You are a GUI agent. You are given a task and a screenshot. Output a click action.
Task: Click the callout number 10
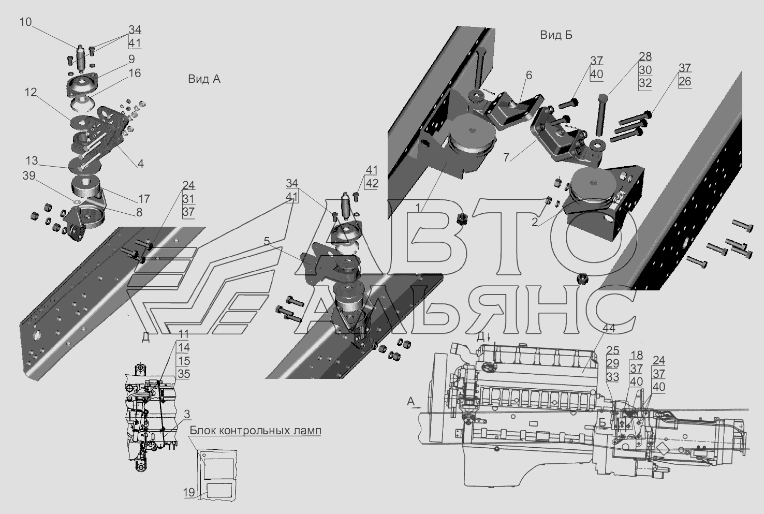(25, 22)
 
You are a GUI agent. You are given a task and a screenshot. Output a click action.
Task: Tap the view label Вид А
(204, 79)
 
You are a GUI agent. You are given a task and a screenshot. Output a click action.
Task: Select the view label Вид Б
(556, 35)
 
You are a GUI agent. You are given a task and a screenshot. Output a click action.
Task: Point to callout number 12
(31, 92)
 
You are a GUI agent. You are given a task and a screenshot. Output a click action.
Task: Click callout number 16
(135, 73)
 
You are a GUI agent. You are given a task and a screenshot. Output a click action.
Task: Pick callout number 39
(29, 175)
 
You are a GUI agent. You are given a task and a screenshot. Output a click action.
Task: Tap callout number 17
(144, 198)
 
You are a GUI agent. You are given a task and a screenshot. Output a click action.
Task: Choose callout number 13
(32, 160)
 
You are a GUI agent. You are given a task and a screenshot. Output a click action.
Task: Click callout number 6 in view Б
(528, 75)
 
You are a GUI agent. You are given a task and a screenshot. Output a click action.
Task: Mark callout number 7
(506, 157)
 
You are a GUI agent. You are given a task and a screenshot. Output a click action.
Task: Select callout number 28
(645, 56)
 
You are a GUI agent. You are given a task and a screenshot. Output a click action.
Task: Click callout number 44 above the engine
(609, 329)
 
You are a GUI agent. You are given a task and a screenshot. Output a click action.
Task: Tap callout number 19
(189, 492)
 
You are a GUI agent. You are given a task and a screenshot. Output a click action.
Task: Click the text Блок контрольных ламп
(256, 431)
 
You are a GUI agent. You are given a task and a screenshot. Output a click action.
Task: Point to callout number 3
(186, 414)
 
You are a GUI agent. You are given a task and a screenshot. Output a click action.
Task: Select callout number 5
(267, 242)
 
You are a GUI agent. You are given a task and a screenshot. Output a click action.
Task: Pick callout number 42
(372, 184)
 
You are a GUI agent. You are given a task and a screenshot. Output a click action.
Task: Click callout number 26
(685, 81)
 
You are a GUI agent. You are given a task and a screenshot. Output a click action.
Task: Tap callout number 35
(184, 374)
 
